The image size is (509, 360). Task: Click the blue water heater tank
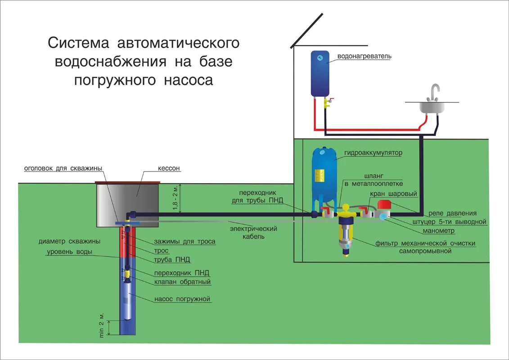tap(320, 73)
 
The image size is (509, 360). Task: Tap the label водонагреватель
tap(365, 57)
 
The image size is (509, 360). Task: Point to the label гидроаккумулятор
tap(373, 153)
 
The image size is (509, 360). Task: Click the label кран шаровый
tap(393, 194)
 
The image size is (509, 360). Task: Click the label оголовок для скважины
tap(63, 168)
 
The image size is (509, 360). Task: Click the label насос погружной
tap(182, 299)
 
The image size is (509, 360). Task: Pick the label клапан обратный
tap(182, 282)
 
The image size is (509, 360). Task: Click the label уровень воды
tap(70, 252)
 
